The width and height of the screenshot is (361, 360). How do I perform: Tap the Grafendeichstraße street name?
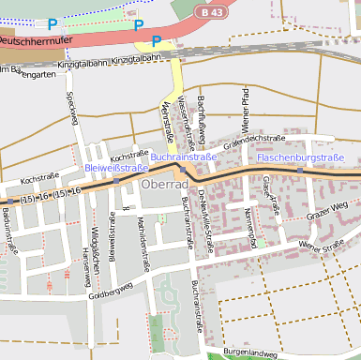pyautogui.click(x=254, y=139)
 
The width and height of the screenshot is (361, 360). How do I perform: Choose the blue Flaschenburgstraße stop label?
pyautogui.click(x=300, y=157)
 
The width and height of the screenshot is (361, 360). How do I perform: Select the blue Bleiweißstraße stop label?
pyautogui.click(x=116, y=169)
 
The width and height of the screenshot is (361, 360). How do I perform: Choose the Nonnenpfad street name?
pyautogui.click(x=250, y=222)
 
